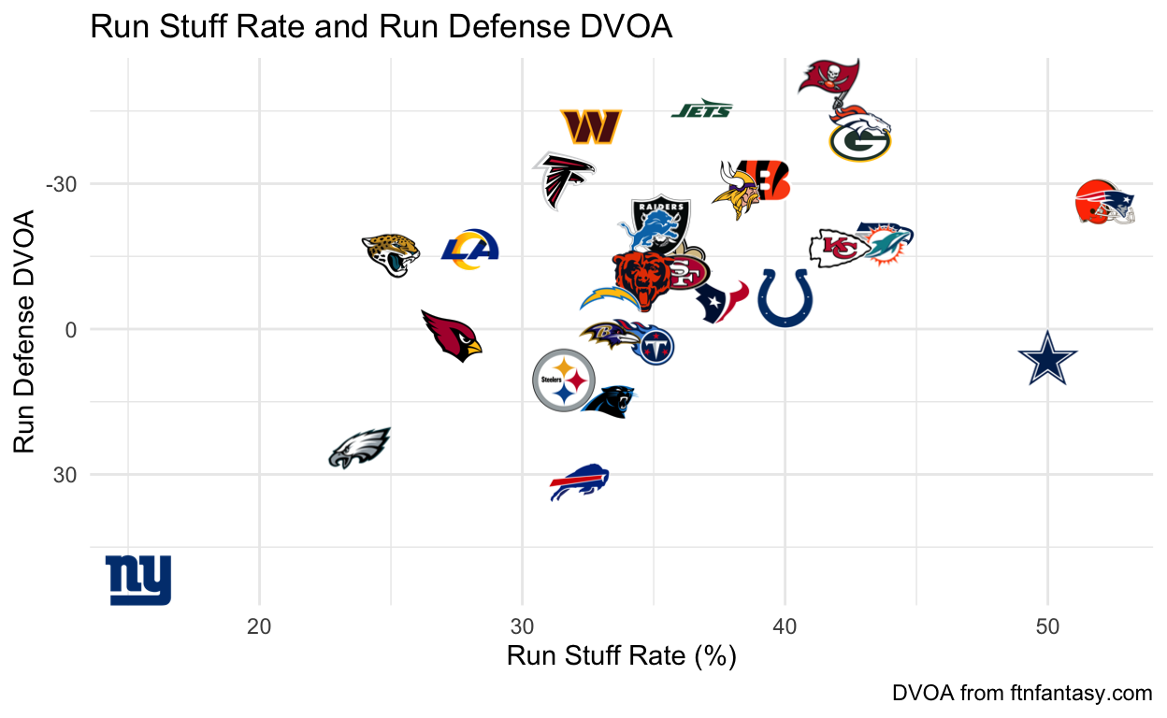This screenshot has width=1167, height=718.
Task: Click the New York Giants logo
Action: (x=138, y=580)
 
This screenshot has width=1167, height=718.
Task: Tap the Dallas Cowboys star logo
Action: (x=1047, y=357)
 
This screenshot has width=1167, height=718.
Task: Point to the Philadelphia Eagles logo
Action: (x=359, y=449)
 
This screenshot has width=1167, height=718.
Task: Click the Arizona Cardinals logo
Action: (x=451, y=336)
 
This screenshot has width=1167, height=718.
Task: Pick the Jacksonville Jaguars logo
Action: (x=391, y=252)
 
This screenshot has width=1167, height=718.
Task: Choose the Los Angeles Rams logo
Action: (x=470, y=250)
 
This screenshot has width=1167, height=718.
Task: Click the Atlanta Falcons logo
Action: (x=564, y=179)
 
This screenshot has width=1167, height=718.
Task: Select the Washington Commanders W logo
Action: (x=591, y=127)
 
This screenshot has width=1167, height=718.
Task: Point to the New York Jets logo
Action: (x=701, y=110)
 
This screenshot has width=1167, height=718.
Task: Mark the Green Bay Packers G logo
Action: (x=860, y=142)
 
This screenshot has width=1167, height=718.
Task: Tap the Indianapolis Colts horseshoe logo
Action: (x=785, y=298)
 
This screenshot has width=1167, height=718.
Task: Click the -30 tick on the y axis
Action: (x=60, y=184)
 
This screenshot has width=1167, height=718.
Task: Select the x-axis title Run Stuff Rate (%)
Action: (x=622, y=656)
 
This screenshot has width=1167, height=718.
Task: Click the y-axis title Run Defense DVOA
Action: (x=27, y=331)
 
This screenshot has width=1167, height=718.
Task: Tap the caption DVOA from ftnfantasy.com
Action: (x=1022, y=694)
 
